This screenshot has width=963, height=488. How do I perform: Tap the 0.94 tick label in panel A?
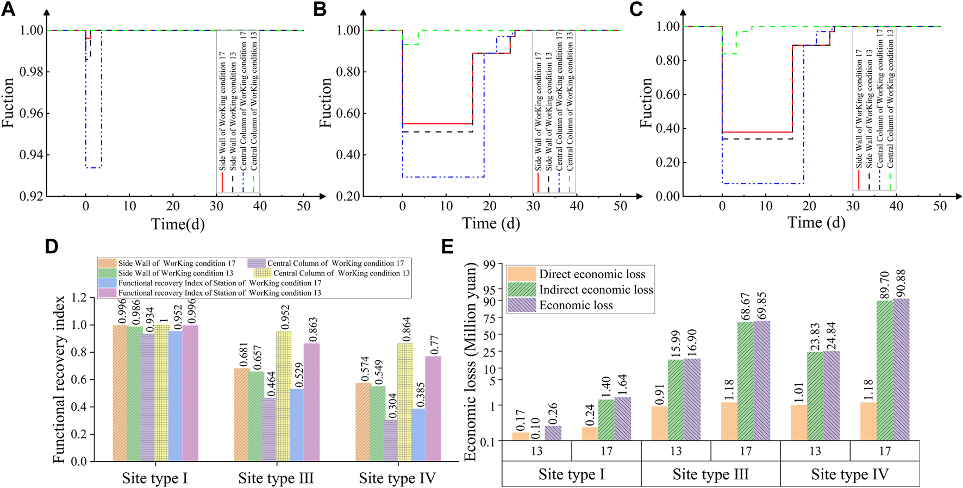coord(32,155)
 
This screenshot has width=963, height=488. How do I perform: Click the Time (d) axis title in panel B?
coord(491,223)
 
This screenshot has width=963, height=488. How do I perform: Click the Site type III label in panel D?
coord(276,478)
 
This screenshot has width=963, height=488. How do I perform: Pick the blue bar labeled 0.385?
coord(418,435)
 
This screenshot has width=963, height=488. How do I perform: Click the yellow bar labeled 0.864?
coord(405,402)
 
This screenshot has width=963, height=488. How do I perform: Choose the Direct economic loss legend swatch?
coord(521,274)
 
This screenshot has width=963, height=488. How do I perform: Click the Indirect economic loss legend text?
coord(596,290)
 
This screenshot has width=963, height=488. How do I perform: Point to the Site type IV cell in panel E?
coord(849,475)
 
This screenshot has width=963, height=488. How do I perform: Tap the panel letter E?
coord(447,247)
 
